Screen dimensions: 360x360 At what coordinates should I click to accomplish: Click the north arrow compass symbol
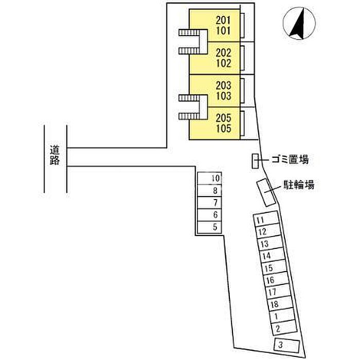coord(299,23)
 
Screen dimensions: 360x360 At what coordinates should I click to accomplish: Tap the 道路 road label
coord(55,155)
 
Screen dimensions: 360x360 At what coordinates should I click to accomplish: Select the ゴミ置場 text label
coord(290,159)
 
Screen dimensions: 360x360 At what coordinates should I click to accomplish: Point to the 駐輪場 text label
coord(299,185)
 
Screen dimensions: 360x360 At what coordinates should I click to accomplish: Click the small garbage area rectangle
coord(255,161)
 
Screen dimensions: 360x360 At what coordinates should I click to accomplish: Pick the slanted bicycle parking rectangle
coord(266,192)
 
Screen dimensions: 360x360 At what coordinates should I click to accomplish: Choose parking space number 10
coord(209,178)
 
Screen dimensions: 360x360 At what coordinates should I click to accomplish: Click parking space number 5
coord(209,227)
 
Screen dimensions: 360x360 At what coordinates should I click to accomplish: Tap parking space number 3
coord(287,345)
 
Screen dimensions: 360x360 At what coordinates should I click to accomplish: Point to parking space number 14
coord(273,255)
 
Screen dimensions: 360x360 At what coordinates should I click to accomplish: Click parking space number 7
coord(209,203)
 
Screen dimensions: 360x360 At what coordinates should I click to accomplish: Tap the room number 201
coord(223,20)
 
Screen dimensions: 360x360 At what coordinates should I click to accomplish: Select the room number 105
coord(223,129)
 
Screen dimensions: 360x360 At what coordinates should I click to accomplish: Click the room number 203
coord(223,85)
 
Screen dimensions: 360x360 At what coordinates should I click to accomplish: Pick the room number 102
coord(223,63)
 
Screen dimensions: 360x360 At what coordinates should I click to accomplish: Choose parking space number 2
coord(284,328)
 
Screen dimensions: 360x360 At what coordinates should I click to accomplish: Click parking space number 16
coord(277,279)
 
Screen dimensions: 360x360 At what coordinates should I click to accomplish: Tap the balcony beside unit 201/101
coord(242,26)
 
